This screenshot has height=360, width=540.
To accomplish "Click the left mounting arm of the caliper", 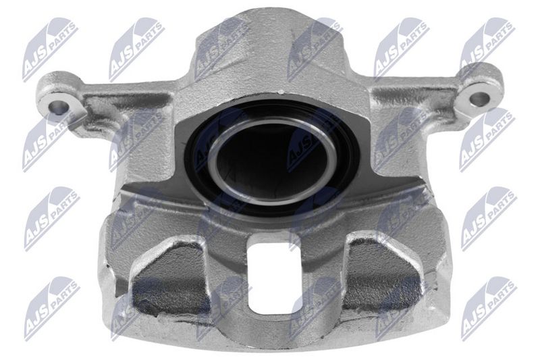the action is [103, 103].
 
